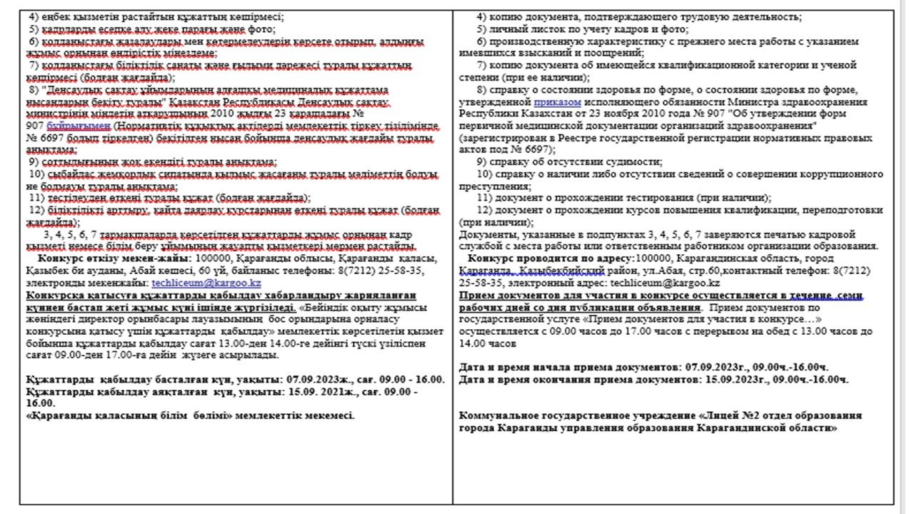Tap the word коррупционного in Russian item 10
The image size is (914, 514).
(x=832, y=174)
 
